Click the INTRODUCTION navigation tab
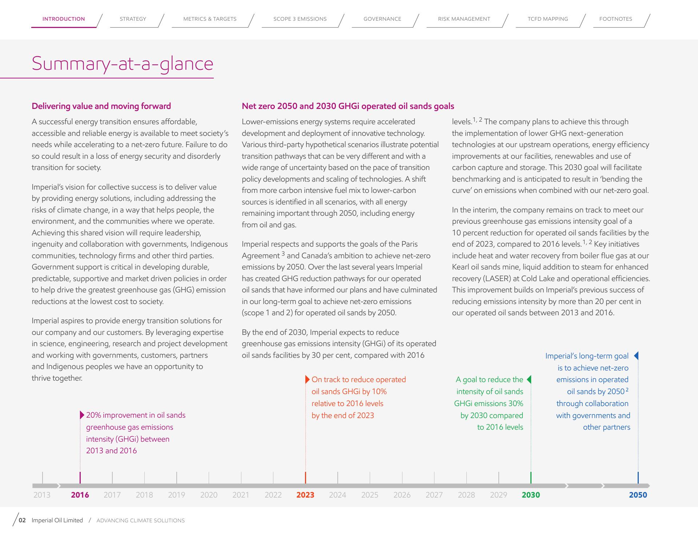pyautogui.click(x=64, y=19)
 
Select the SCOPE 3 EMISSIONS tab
pyautogui.click(x=300, y=19)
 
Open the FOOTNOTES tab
pyautogui.click(x=615, y=19)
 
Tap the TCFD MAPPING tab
pyautogui.click(x=547, y=19)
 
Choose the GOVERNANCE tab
pyautogui.click(x=382, y=19)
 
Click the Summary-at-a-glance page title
pyautogui.click(x=123, y=64)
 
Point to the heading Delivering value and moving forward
pyautogui.click(x=101, y=106)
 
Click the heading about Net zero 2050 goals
pyautogui.click(x=348, y=106)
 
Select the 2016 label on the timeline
pyautogui.click(x=80, y=495)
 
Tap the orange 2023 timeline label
pyautogui.click(x=305, y=495)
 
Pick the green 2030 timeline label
pyautogui.click(x=531, y=495)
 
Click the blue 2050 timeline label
pyautogui.click(x=638, y=495)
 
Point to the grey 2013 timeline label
pyautogui.click(x=42, y=495)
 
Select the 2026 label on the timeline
pyautogui.click(x=402, y=495)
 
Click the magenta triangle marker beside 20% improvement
pyautogui.click(x=82, y=415)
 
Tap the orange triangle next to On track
pyautogui.click(x=308, y=380)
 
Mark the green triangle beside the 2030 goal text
pyautogui.click(x=529, y=380)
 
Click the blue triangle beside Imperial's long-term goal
pyautogui.click(x=636, y=356)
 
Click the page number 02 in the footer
pyautogui.click(x=22, y=520)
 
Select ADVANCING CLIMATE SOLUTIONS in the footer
pyautogui.click(x=141, y=520)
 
